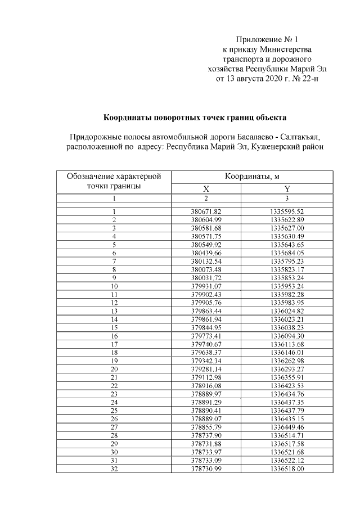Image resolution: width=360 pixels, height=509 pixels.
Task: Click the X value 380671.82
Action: (206, 211)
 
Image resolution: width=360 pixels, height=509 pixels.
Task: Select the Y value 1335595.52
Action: (287, 211)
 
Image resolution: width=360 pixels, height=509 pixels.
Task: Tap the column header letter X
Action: (206, 189)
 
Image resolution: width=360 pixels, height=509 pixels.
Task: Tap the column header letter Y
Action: (287, 189)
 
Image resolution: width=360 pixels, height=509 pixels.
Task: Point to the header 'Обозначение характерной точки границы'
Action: (114, 181)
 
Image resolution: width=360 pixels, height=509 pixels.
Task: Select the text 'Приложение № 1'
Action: (267, 39)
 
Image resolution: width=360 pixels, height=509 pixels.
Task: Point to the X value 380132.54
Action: (206, 261)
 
